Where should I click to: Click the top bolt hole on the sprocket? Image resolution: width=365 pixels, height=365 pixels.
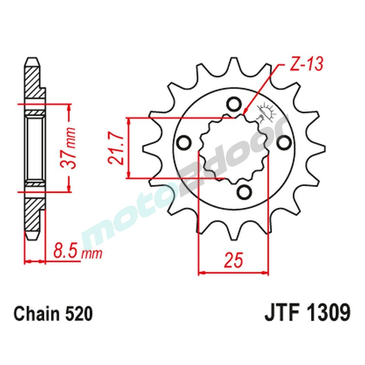point(232,104)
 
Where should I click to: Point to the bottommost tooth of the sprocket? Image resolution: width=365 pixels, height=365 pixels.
point(234,234)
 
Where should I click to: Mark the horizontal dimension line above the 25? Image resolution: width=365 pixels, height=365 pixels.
point(233,272)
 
